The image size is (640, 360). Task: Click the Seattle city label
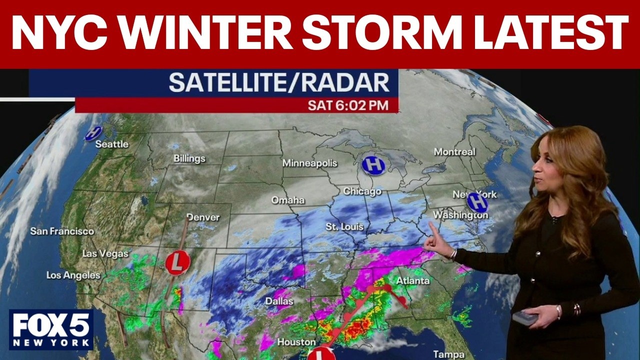click(x=112, y=144)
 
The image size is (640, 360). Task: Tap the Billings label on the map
click(x=189, y=159)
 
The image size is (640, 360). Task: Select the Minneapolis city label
click(x=309, y=163)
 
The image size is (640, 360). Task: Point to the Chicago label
click(x=362, y=191)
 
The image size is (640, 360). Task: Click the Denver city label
click(x=203, y=217)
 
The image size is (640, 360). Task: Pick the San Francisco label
click(x=62, y=231)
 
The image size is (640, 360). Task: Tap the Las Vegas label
click(x=105, y=254)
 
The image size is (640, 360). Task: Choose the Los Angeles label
click(x=73, y=275)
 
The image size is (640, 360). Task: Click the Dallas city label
click(x=279, y=302)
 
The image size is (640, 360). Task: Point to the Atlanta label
click(x=413, y=281)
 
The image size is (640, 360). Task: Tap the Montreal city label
click(x=454, y=151)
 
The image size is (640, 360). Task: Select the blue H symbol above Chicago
click(x=373, y=164)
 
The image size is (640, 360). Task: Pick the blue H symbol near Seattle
click(x=93, y=133)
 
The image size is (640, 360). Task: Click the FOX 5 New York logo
click(x=51, y=329)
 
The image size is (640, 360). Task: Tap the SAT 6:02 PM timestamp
click(x=352, y=105)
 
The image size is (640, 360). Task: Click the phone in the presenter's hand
click(x=525, y=317)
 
